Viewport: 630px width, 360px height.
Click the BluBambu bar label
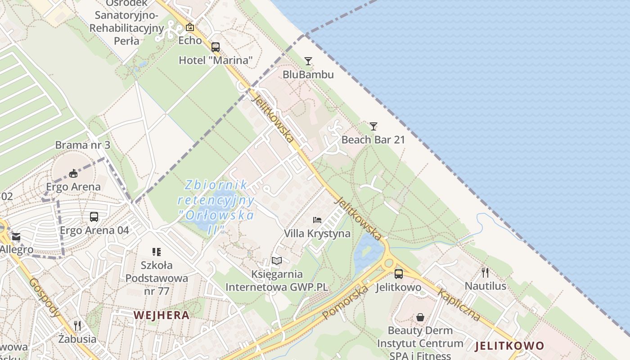[308, 74]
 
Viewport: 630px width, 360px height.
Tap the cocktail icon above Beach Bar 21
[373, 126]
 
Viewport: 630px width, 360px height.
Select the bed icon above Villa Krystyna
[317, 220]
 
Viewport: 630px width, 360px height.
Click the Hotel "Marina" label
[216, 60]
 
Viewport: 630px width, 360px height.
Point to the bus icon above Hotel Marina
[216, 47]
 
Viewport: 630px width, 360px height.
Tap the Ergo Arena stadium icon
[73, 173]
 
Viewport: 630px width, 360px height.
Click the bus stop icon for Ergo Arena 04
[94, 217]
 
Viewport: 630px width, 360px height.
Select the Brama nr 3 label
[83, 145]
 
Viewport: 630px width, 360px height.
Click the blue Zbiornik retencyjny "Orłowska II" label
[216, 207]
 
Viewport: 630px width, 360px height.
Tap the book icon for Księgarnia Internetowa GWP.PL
[277, 261]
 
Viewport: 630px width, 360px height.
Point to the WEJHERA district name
[162, 315]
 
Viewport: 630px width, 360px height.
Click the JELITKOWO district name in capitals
[509, 346]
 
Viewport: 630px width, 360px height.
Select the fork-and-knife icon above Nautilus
[485, 272]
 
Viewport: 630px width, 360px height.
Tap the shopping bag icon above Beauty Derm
[420, 317]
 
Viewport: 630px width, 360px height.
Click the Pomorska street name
[346, 302]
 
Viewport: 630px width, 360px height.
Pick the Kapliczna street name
[459, 305]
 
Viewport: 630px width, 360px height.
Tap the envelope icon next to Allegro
[16, 236]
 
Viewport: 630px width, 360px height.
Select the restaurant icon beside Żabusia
[77, 326]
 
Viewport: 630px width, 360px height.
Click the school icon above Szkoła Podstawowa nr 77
[156, 252]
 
